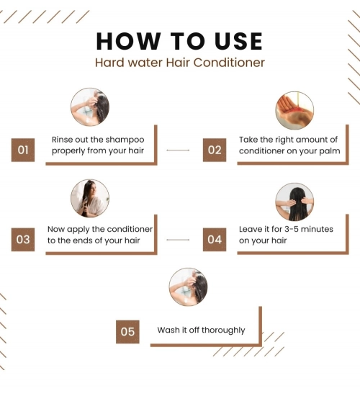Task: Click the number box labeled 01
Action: [23, 150]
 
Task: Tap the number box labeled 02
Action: [215, 150]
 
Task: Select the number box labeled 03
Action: [23, 240]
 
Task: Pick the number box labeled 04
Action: [215, 240]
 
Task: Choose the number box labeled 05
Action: [127, 332]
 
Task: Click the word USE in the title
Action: [239, 41]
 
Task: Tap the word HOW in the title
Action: [128, 41]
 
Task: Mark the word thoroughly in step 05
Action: [223, 330]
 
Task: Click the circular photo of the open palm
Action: [294, 111]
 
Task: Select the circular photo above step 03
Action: [90, 198]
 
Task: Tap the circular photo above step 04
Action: [294, 202]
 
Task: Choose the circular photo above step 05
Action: [188, 287]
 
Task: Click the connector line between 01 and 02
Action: [178, 150]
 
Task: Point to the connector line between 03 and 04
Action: [178, 240]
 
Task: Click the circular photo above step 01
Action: [90, 107]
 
